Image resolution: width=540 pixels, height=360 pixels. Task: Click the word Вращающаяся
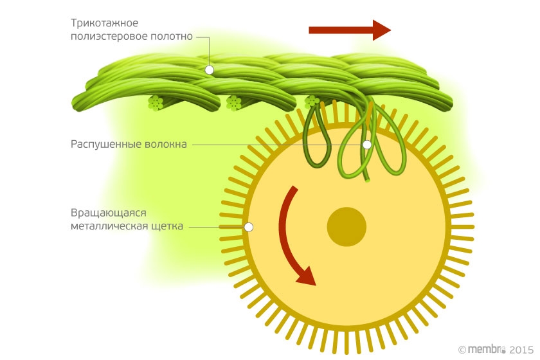click(109, 213)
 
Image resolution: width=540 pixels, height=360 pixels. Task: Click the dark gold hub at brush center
click(346, 227)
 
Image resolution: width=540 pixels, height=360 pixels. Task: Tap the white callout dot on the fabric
click(209, 69)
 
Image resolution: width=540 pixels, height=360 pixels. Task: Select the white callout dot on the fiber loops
click(366, 145)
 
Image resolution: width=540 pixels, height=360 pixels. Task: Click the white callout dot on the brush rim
click(249, 227)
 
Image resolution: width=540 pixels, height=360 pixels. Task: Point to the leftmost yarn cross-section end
click(155, 102)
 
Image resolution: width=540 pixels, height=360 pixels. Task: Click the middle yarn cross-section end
click(233, 102)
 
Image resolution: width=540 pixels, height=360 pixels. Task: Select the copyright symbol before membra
click(462, 349)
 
